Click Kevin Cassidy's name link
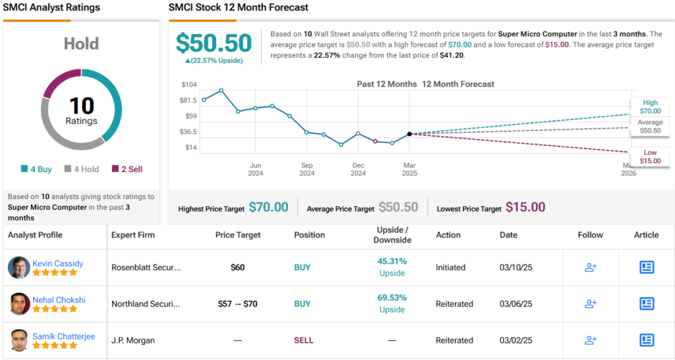[x=58, y=263]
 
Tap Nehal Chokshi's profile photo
[x=20, y=304]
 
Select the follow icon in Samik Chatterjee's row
[x=590, y=340]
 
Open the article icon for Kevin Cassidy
[x=647, y=267]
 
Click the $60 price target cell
[x=237, y=268]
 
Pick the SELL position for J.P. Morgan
[x=303, y=340]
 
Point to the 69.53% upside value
[x=392, y=297]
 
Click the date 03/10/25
[x=515, y=268]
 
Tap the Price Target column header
[x=238, y=235]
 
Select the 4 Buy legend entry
[x=36, y=169]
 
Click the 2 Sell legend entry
[x=127, y=169]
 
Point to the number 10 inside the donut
[x=82, y=105]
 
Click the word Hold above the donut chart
[x=81, y=44]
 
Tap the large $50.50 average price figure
[x=214, y=44]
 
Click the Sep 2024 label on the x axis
[x=307, y=169]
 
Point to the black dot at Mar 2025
[x=409, y=134]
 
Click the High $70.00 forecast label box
[x=650, y=107]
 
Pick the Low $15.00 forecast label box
[x=650, y=157]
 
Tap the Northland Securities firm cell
[x=146, y=304]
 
